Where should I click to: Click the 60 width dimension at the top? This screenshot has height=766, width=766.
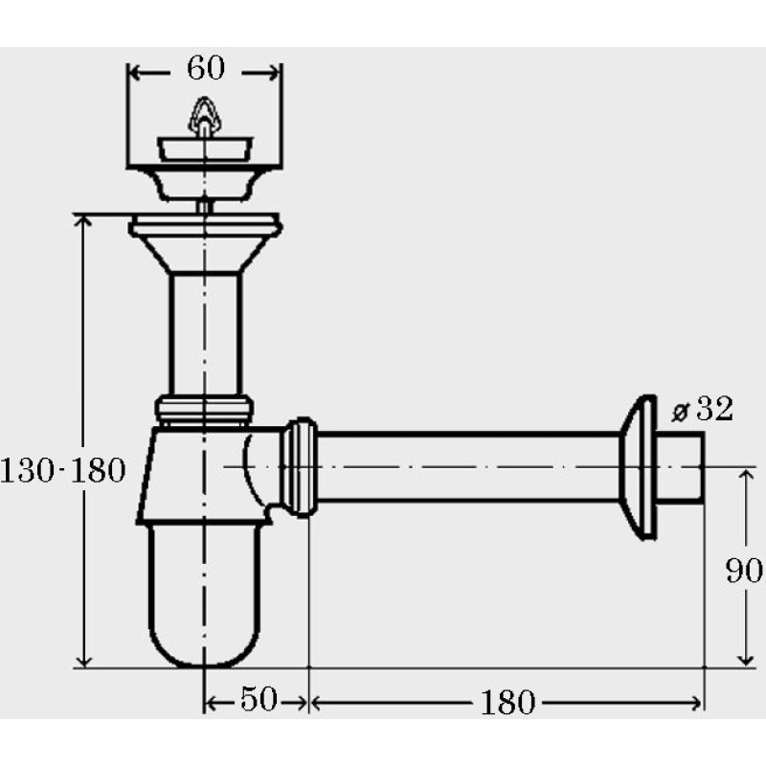point(206,68)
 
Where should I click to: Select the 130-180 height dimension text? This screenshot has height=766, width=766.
point(63,470)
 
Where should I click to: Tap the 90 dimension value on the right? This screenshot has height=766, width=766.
point(744,570)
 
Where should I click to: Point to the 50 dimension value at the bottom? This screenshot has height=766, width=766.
point(259,699)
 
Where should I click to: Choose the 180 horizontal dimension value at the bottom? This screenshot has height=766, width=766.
point(508,703)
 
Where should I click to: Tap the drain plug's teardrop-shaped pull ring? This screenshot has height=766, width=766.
point(204,115)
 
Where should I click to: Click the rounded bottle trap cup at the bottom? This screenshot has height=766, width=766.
point(204,595)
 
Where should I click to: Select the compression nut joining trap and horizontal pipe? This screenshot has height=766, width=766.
point(301,467)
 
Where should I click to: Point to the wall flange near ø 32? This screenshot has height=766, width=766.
point(638,467)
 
